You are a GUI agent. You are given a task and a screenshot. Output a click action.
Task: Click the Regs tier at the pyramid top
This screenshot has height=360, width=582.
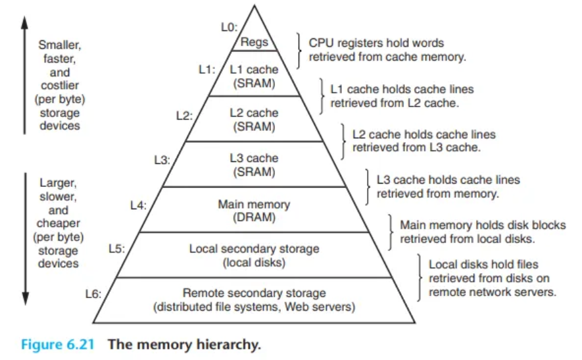tap(254, 41)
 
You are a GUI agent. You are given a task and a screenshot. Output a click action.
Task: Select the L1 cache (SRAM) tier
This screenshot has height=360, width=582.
tap(254, 76)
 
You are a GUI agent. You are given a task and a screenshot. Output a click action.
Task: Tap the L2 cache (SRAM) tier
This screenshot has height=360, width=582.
tap(254, 120)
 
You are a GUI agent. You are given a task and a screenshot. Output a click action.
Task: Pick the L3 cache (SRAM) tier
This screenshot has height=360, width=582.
tap(254, 165)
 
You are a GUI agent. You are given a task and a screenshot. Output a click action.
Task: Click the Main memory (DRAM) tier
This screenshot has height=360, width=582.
tap(254, 211)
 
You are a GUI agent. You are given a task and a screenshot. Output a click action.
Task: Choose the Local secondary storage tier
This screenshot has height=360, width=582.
tap(254, 255)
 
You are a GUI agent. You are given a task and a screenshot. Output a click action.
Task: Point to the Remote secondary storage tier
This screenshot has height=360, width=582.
tap(254, 300)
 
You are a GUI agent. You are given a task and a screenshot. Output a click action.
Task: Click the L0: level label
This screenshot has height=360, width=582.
tap(229, 26)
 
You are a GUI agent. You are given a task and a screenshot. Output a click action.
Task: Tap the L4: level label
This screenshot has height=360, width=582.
tap(138, 205)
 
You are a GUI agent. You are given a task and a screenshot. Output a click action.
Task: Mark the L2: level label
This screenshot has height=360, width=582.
tap(184, 115)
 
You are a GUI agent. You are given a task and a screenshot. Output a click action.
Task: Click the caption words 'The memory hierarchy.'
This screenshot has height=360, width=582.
tap(185, 344)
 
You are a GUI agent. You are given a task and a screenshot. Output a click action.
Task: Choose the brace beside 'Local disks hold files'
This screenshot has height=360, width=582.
tap(420, 277)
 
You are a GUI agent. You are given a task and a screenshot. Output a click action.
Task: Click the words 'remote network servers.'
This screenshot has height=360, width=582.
tap(493, 292)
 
